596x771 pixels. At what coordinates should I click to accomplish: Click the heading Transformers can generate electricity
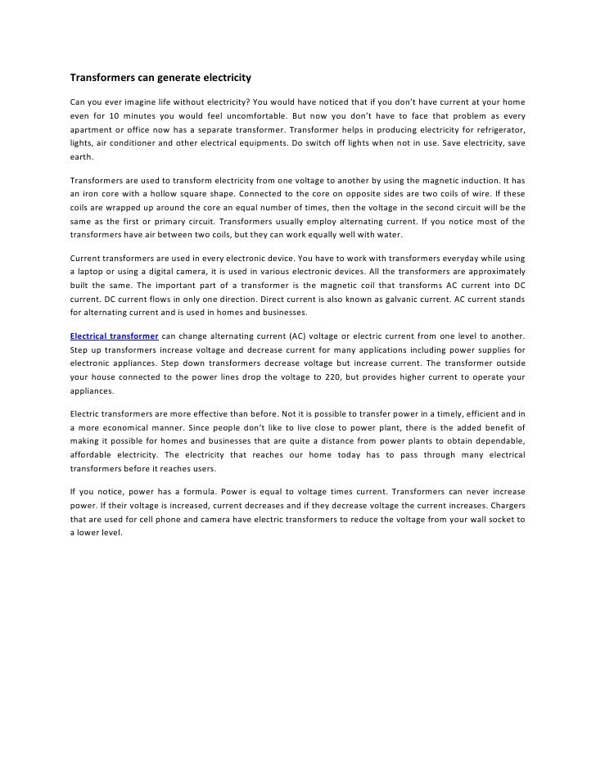click(x=159, y=79)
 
